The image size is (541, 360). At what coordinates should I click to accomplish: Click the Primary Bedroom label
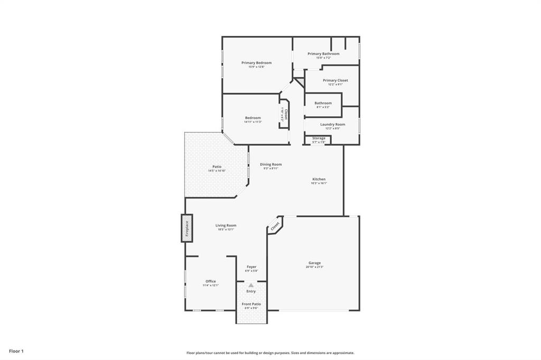[256, 63]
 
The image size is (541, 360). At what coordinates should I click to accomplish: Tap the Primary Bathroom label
[323, 54]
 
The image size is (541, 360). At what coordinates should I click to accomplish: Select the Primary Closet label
[335, 80]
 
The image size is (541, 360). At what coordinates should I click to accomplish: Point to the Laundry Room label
[332, 124]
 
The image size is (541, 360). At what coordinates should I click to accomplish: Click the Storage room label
[319, 138]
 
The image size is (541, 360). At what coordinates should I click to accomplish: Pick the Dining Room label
[270, 164]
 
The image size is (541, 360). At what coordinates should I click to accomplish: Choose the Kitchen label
[319, 179]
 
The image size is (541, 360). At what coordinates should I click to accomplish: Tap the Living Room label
[226, 225]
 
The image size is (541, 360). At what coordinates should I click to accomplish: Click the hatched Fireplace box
[186, 228]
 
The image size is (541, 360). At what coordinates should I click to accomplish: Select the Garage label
[314, 263]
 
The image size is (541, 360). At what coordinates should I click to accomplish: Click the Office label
[210, 281]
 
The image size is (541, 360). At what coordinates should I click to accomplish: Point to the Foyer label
[251, 267]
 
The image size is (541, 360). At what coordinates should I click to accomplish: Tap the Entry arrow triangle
[251, 286]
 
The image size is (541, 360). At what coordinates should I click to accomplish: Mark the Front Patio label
[251, 304]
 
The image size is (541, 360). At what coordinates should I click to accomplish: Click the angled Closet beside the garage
[275, 226]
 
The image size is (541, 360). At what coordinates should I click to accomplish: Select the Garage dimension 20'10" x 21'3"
[314, 267]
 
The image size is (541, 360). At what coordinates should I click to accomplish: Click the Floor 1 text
[16, 350]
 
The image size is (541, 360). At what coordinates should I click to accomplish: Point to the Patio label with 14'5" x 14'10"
[217, 167]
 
